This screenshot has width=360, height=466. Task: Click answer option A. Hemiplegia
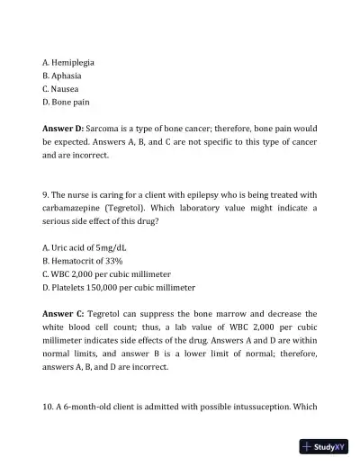[x=68, y=62]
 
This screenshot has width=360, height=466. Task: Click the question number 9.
[x=46, y=196]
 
